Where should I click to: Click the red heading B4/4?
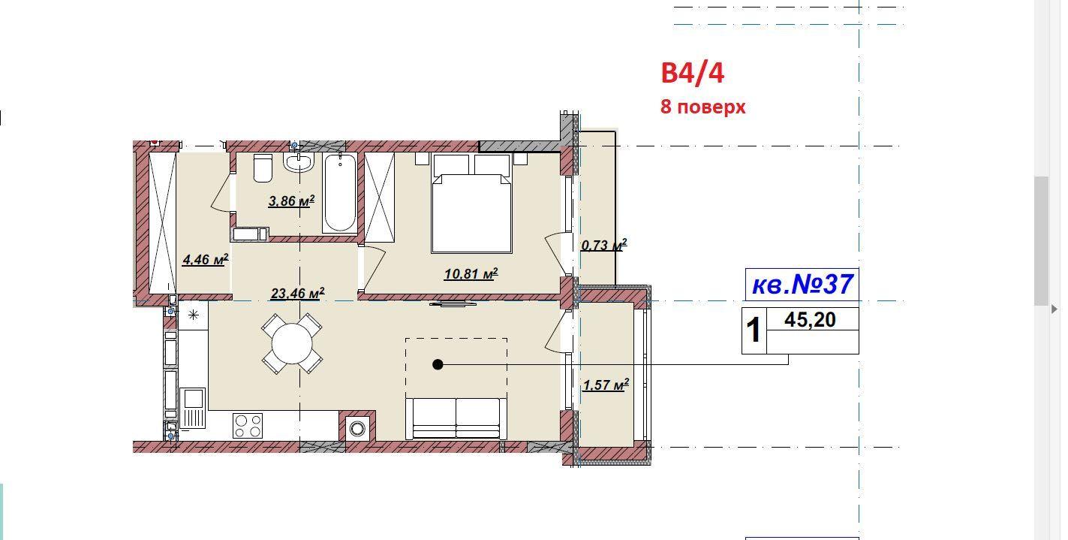[x=692, y=74]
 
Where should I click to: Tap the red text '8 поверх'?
[x=702, y=107]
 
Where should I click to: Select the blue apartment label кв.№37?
[x=802, y=285]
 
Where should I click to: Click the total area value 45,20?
[x=810, y=320]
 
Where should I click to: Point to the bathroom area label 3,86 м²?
[x=291, y=201]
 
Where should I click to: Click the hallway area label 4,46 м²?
[x=206, y=260]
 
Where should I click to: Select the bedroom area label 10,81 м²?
[x=471, y=274]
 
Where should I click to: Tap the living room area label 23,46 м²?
[x=297, y=293]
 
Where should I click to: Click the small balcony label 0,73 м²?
[x=603, y=245]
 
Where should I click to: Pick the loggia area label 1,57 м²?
[x=606, y=385]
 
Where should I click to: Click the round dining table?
[x=292, y=343]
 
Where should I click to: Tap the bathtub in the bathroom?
[x=339, y=193]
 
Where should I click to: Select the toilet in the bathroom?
[x=263, y=168]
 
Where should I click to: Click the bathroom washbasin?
[x=299, y=162]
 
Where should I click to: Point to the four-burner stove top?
[x=248, y=426]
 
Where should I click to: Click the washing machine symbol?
[x=357, y=428]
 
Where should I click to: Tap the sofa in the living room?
[x=456, y=418]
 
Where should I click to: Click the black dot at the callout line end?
[x=438, y=365]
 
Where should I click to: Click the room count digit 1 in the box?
[x=754, y=330]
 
